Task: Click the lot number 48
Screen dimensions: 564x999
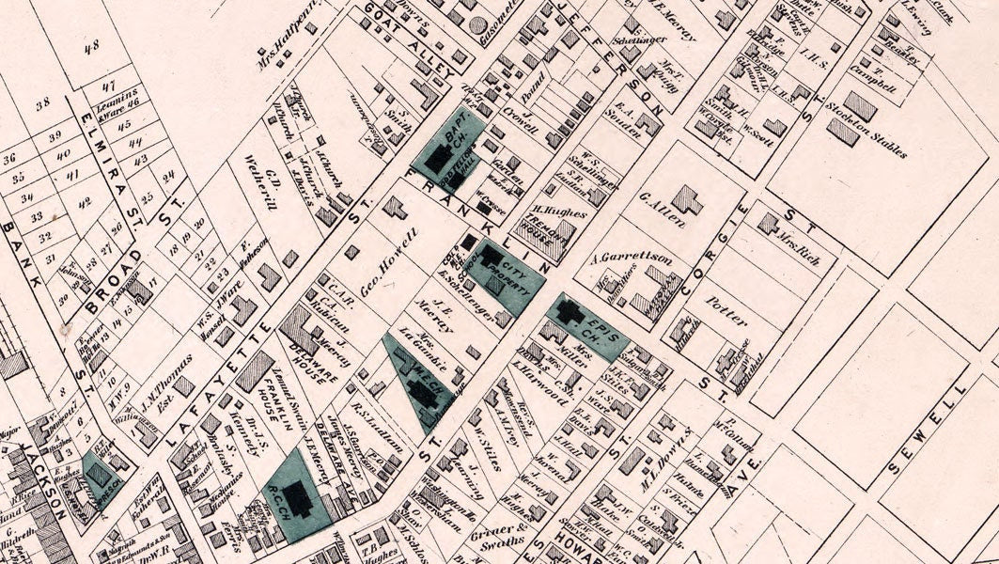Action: tap(91, 46)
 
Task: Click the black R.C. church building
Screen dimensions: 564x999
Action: tap(299, 497)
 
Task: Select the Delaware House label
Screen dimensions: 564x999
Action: tap(315, 356)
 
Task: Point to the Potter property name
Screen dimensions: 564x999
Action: tap(726, 306)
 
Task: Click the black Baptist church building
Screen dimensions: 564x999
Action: tap(437, 159)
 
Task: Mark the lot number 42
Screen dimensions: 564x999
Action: tap(86, 201)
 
